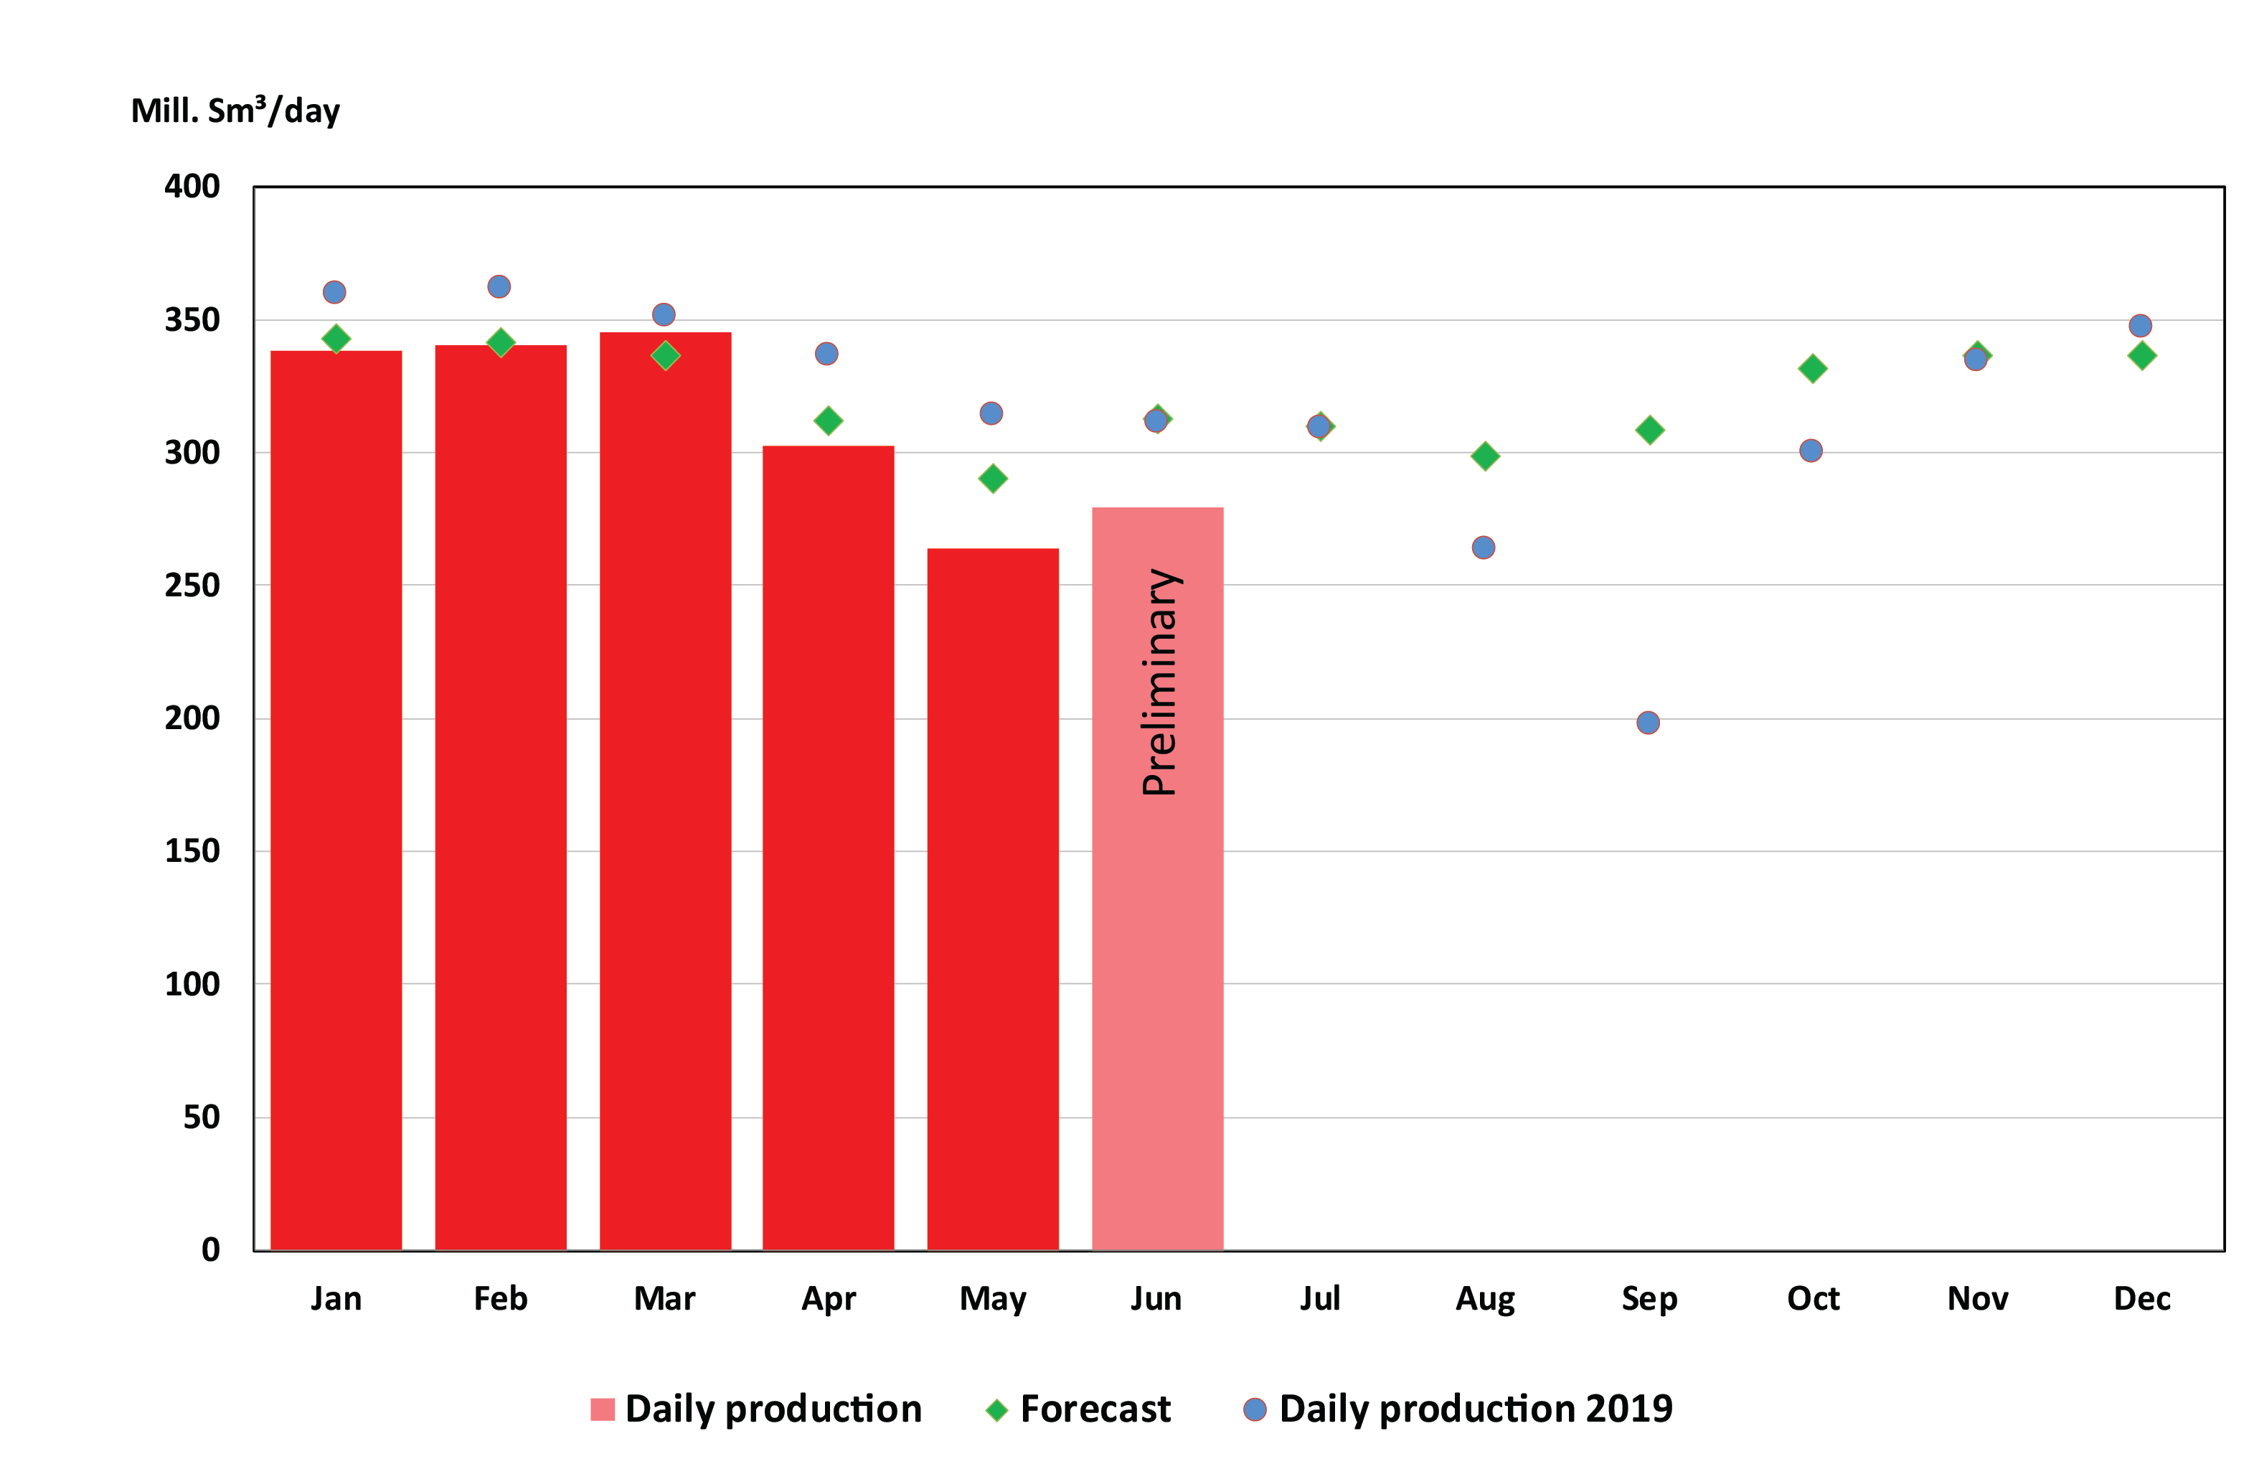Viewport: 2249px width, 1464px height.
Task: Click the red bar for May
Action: tap(992, 898)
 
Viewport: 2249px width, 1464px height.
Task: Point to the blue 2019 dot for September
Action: tap(1647, 722)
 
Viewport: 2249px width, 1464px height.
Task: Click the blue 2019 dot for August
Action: tap(1483, 548)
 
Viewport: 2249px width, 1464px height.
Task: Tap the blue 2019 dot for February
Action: tap(499, 286)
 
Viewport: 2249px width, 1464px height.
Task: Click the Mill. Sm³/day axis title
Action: tap(235, 111)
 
